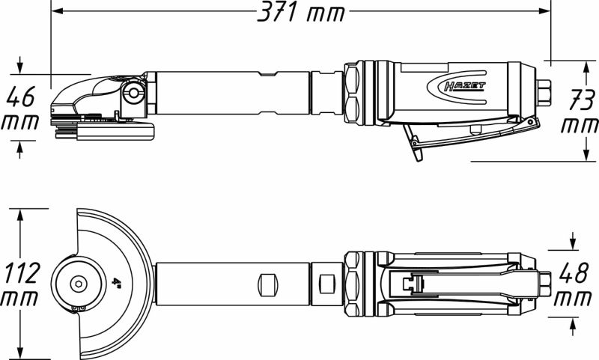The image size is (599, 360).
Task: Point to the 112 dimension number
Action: point(22,273)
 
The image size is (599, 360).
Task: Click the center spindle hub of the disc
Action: point(79,284)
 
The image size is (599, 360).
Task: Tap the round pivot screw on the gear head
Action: point(136,93)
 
